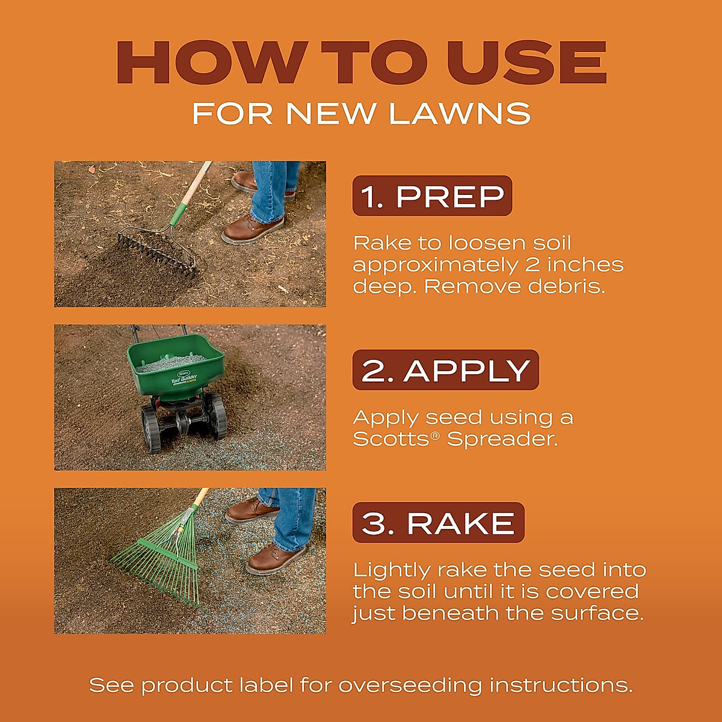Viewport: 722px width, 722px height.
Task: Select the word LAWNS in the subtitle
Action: [x=460, y=113]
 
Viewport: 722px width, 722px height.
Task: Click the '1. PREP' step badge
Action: [x=432, y=196]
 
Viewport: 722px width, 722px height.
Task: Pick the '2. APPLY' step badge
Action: [x=445, y=370]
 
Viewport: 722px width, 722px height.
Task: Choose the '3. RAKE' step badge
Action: [x=439, y=523]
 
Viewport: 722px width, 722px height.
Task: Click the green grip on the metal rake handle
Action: [x=177, y=214]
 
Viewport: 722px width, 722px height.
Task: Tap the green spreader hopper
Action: [x=176, y=364]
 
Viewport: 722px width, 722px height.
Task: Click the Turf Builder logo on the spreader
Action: [x=184, y=380]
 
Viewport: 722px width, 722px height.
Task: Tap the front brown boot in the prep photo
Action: [x=252, y=229]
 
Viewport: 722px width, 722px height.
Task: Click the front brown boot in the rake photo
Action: [x=276, y=560]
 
